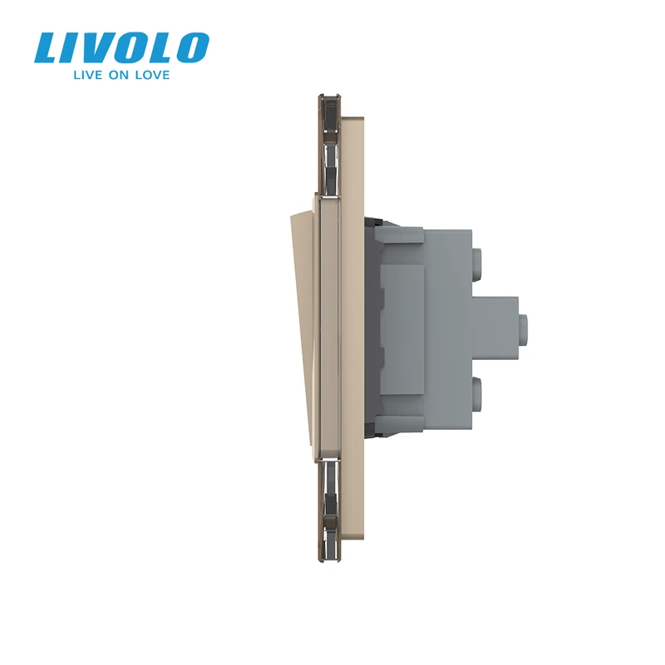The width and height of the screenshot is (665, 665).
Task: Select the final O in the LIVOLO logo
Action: [192, 48]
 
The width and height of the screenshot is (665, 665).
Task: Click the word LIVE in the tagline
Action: [88, 75]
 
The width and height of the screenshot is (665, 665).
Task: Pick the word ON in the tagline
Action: [119, 75]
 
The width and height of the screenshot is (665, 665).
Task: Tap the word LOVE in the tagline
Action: [152, 75]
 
